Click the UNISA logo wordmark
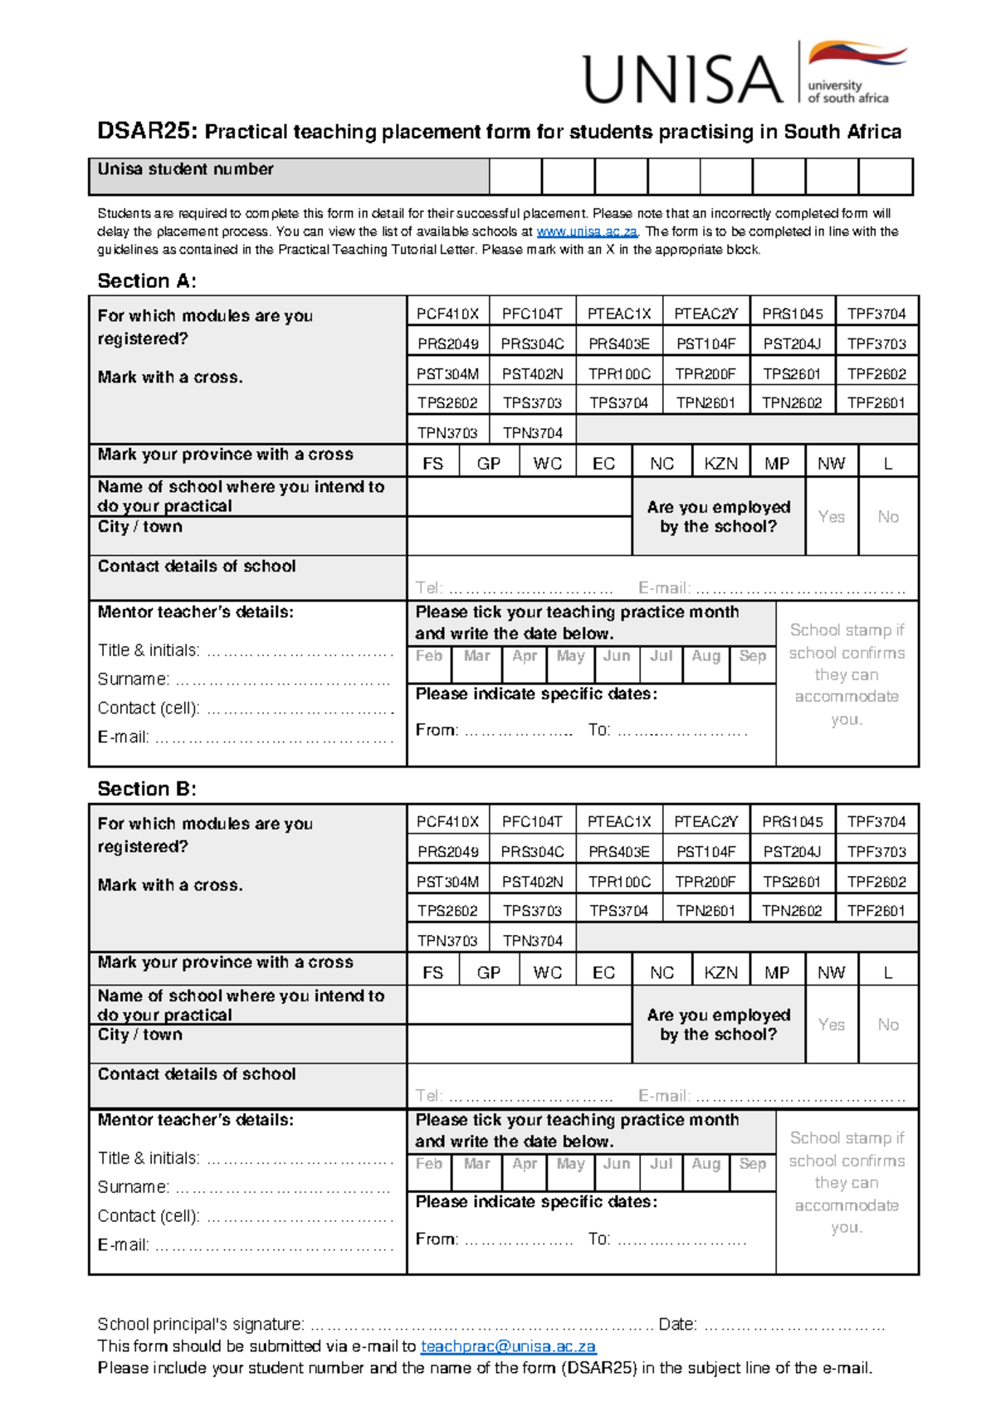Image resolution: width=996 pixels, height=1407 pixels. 682,79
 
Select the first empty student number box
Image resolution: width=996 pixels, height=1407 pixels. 515,177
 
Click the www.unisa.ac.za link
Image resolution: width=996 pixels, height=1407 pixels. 586,231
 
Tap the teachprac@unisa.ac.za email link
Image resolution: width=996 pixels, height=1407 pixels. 508,1346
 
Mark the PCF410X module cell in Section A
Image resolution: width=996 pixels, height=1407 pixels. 447,314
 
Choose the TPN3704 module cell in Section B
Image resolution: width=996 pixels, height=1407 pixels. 532,941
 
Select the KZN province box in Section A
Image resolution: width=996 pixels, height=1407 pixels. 720,463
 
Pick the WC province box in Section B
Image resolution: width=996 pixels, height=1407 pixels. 547,971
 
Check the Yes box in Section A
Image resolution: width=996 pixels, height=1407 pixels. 831,517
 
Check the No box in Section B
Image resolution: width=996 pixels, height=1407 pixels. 888,1025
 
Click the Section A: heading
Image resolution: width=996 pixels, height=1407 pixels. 147,281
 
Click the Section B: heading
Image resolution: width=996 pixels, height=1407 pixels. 147,789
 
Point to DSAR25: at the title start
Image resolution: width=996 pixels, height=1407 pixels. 147,131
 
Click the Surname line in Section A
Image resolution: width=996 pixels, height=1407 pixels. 282,681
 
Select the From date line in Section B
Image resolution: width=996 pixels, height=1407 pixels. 518,1239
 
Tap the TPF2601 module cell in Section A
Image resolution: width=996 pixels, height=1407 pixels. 876,403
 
